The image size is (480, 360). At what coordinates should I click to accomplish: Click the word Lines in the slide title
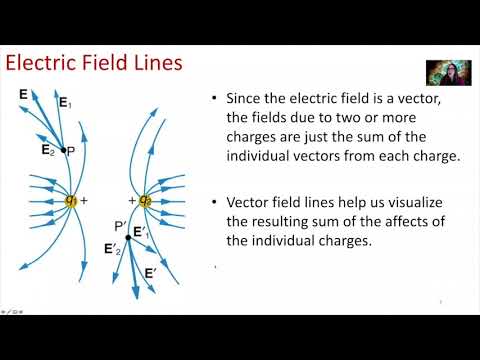[154, 64]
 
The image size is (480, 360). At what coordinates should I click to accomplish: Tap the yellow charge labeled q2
[145, 200]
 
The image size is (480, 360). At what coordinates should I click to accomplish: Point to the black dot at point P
[64, 150]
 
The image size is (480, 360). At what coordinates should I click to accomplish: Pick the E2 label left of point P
[48, 150]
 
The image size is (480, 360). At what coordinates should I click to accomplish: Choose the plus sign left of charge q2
[131, 200]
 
